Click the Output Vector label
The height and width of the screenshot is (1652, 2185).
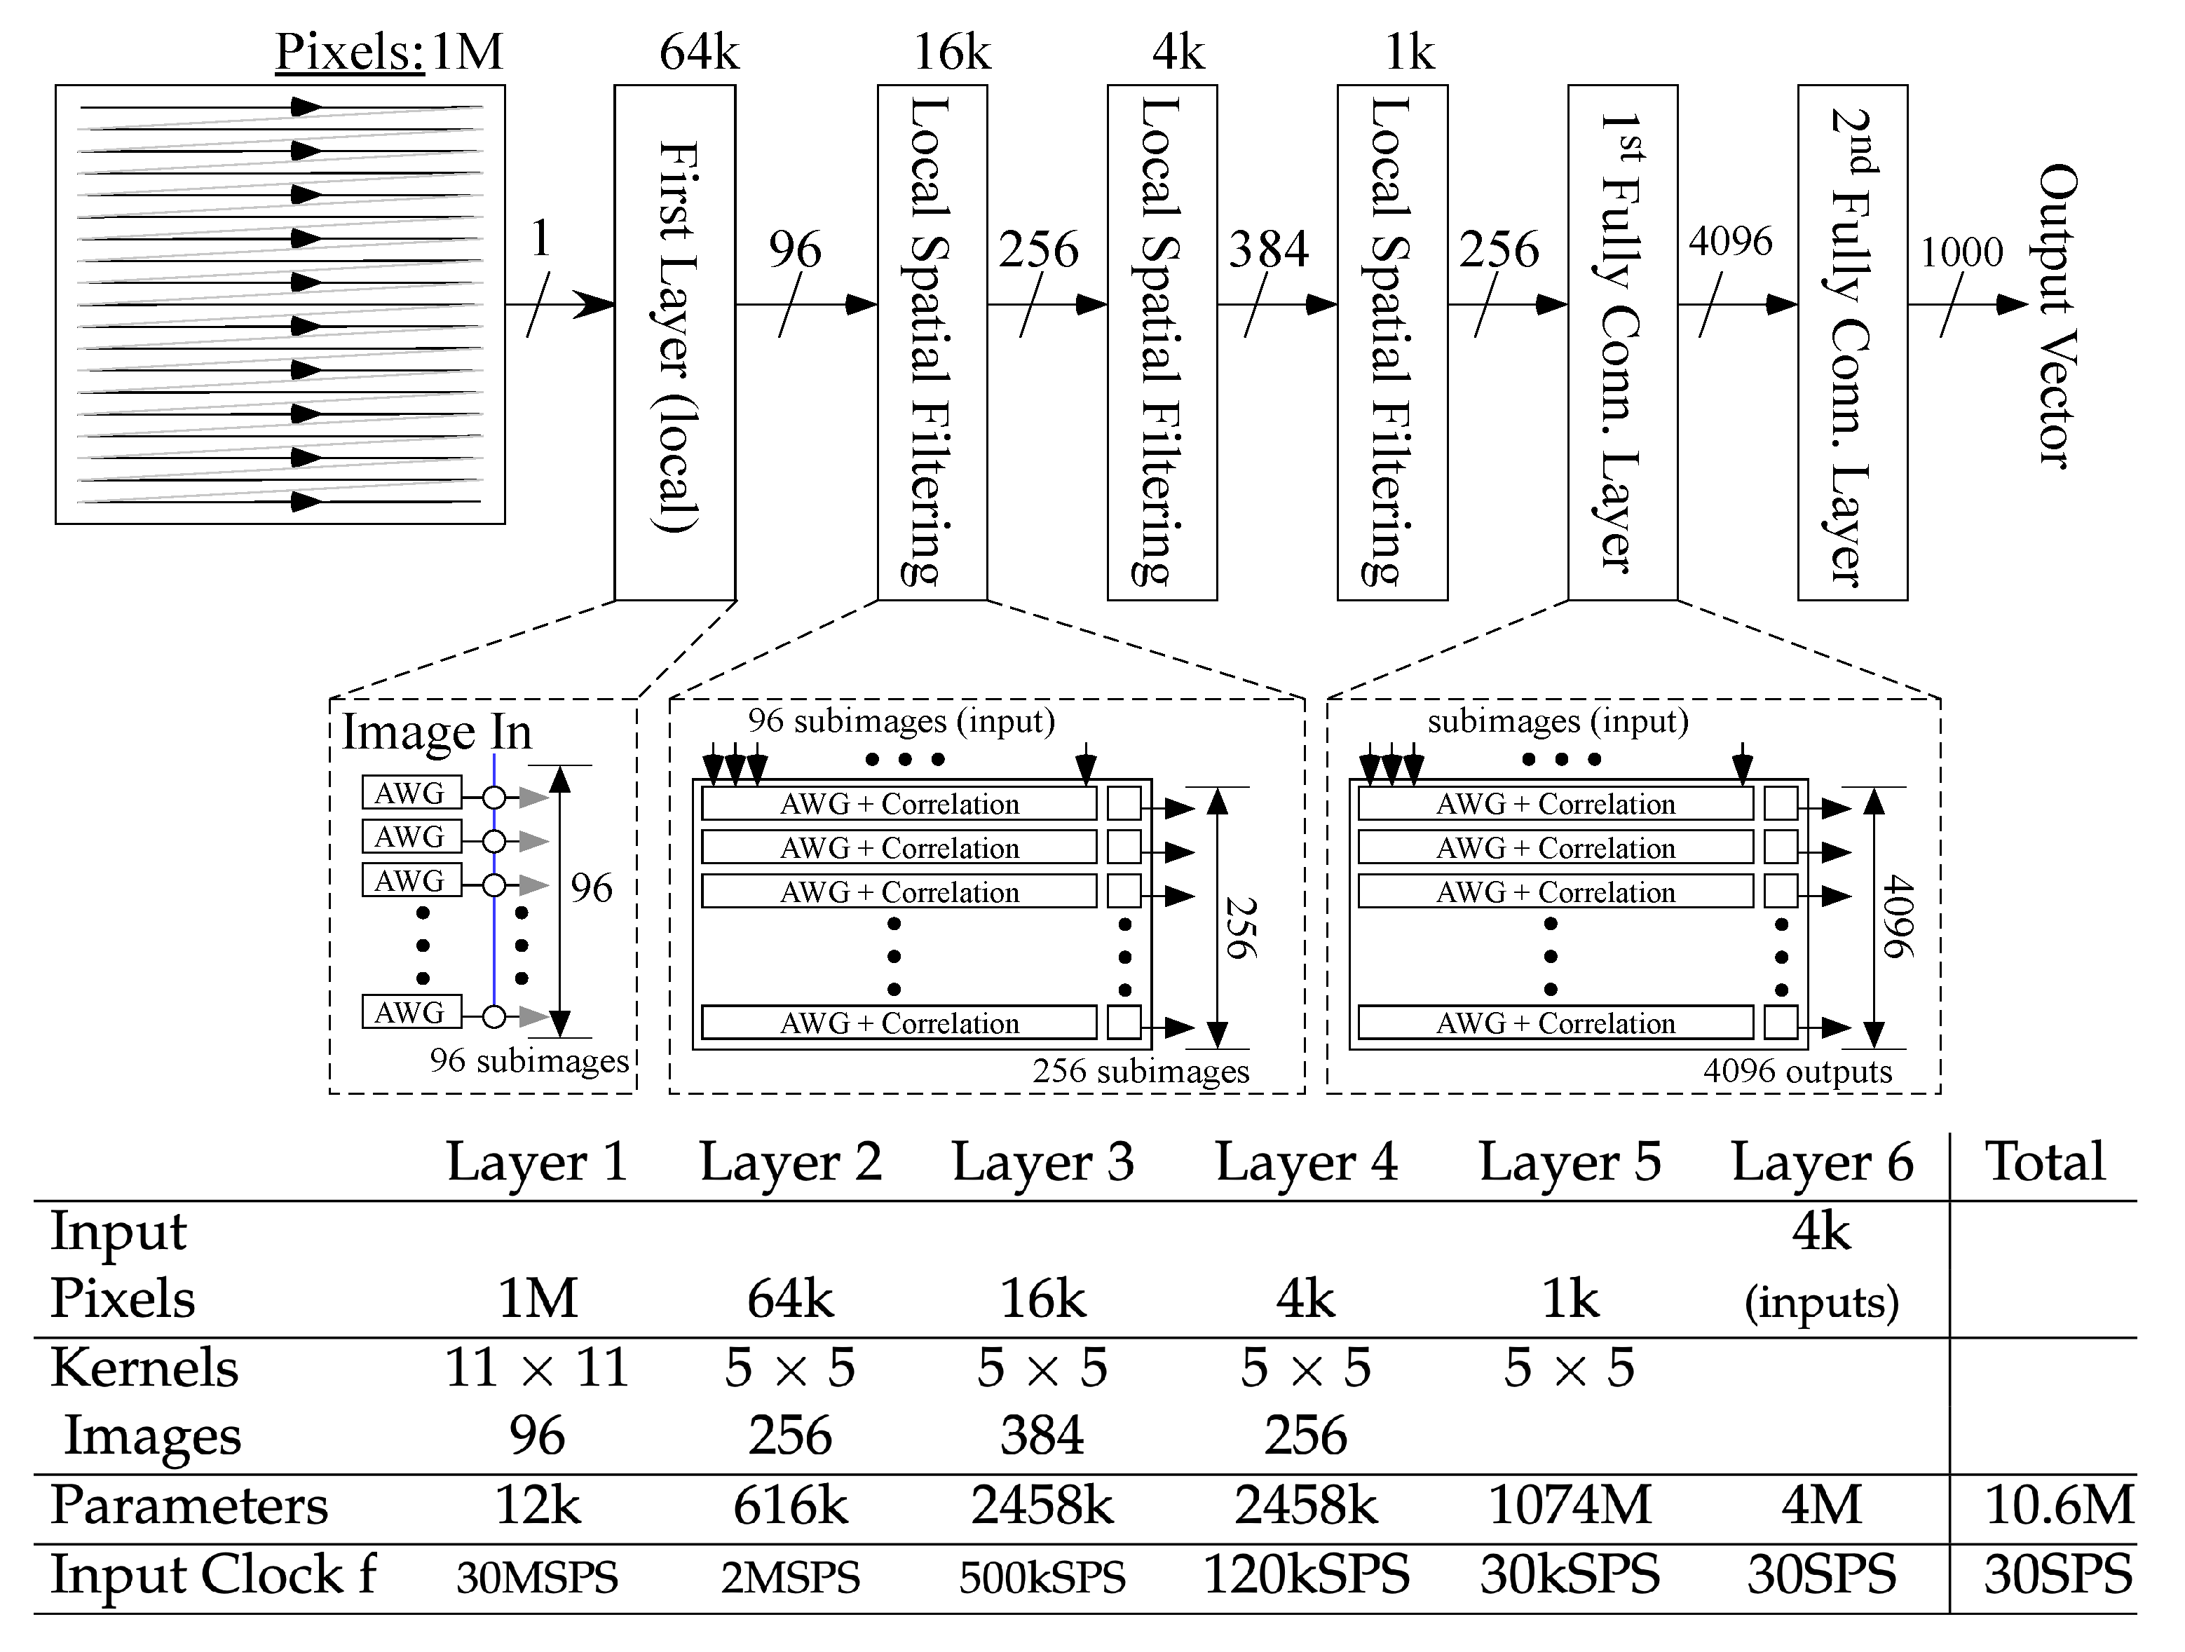pos(2057,316)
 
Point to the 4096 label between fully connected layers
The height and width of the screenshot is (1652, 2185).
pos(1729,241)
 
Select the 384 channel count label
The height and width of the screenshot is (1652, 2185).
pos(1268,249)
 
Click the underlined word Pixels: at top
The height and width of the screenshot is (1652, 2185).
pos(350,51)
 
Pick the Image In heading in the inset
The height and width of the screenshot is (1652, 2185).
pos(437,732)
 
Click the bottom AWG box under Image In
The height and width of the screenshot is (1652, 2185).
pos(411,1012)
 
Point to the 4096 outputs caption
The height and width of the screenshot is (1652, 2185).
pos(1797,1072)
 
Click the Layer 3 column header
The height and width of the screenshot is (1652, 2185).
pos(1043,1162)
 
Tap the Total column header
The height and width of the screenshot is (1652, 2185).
pos(2045,1162)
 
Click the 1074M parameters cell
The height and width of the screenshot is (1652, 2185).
pos(1570,1506)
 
